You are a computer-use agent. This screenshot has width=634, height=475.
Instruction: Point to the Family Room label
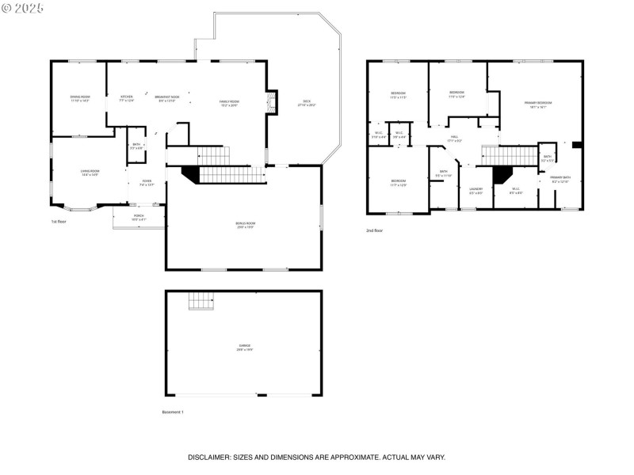[229, 103]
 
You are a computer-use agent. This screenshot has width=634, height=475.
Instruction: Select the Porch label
[138, 217]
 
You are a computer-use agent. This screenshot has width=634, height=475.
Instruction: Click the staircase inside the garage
[201, 301]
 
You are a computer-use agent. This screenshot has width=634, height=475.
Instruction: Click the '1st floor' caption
[59, 222]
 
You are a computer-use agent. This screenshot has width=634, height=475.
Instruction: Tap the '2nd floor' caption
[374, 230]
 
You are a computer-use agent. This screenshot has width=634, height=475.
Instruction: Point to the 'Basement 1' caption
[173, 412]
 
